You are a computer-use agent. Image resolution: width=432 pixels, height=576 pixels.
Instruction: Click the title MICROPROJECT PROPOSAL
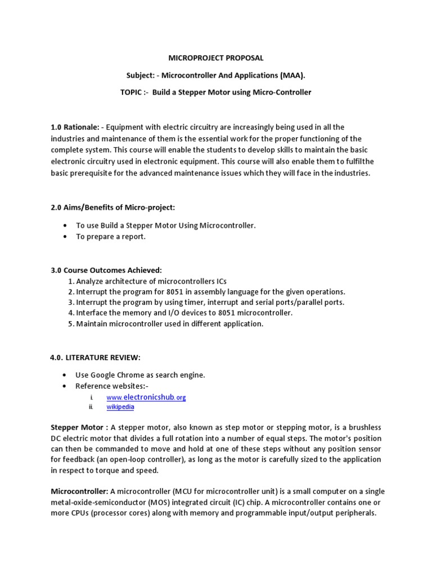pos(216,58)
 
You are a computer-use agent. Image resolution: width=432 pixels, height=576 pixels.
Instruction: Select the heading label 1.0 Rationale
pos(75,128)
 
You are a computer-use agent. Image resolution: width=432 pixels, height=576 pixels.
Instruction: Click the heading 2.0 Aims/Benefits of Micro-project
pos(113,208)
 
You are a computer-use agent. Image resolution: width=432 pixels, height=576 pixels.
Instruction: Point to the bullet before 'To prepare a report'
pos(66,237)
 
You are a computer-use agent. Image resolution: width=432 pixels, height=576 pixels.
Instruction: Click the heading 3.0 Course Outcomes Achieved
pos(106,270)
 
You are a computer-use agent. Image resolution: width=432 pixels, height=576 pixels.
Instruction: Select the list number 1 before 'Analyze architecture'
pos(71,281)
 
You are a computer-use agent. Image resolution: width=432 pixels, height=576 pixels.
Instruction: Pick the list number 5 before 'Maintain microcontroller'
pos(71,323)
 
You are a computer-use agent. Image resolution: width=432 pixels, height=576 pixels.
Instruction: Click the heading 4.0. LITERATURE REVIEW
pos(95,357)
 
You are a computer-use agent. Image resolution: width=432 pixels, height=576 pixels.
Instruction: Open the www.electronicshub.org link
pos(146,397)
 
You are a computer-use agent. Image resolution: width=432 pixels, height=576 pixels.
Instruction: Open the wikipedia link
pos(120,407)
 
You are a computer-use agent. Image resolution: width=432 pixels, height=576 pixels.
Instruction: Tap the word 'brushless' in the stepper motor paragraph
pos(364,427)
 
